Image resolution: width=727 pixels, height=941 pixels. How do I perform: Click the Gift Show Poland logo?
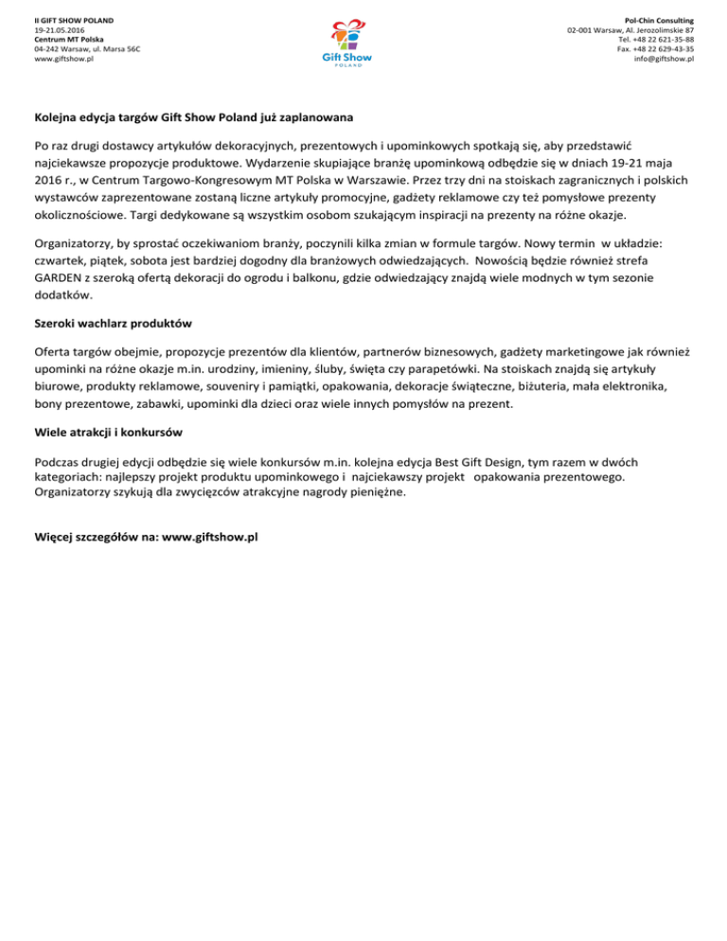[x=347, y=44]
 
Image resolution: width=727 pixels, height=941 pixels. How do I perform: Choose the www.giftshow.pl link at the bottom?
[x=211, y=537]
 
